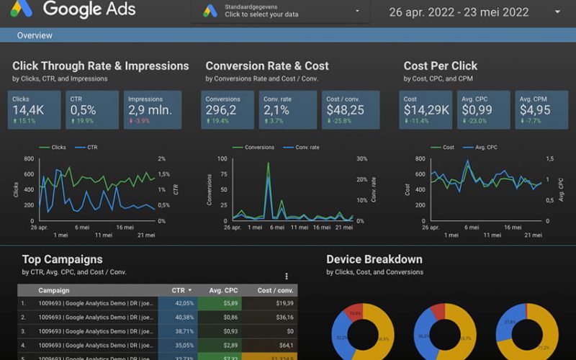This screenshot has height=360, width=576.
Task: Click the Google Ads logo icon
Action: coord(22,10)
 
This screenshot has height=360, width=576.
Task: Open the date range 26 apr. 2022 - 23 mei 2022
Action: coord(468,12)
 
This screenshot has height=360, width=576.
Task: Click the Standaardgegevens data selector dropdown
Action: coord(282,11)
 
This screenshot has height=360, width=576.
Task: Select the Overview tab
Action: coord(35,35)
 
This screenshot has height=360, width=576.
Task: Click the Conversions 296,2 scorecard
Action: coord(228,109)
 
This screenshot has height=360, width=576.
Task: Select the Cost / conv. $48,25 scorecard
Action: coord(349,109)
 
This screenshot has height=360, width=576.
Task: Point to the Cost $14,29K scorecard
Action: coord(426,109)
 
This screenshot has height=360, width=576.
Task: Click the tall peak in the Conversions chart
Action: coord(268,166)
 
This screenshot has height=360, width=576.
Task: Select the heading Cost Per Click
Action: coord(440,66)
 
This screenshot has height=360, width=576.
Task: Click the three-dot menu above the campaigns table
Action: coord(287,276)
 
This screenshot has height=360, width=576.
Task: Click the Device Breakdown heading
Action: coord(374,259)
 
